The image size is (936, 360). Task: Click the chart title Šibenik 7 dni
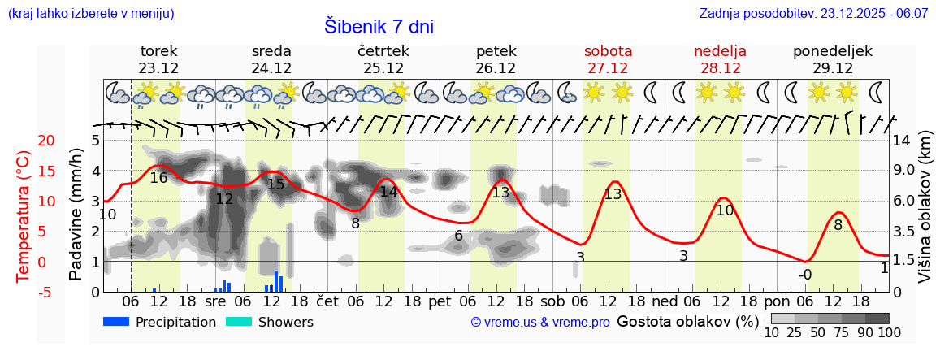click(379, 26)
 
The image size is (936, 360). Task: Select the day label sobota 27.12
click(608, 59)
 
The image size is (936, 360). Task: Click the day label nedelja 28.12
click(720, 59)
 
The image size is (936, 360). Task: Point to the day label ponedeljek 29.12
click(833, 59)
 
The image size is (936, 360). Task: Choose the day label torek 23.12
click(158, 59)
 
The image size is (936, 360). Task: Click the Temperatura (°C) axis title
click(24, 215)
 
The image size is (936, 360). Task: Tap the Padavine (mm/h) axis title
click(76, 215)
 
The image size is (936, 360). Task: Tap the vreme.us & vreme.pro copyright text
click(540, 323)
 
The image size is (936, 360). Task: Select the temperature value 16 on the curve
click(158, 178)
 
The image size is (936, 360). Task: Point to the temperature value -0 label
click(804, 275)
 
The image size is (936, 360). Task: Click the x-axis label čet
click(327, 301)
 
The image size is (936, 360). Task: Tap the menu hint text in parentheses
click(90, 14)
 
